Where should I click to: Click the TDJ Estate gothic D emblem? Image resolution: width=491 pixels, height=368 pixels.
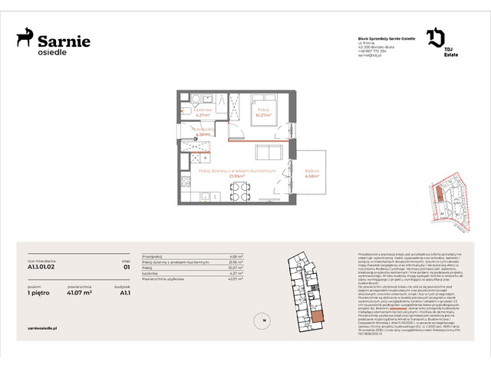pyautogui.click(x=434, y=38)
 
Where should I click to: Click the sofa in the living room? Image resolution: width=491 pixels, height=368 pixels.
pyautogui.click(x=269, y=152)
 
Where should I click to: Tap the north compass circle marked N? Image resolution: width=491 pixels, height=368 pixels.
pyautogui.click(x=262, y=320)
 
